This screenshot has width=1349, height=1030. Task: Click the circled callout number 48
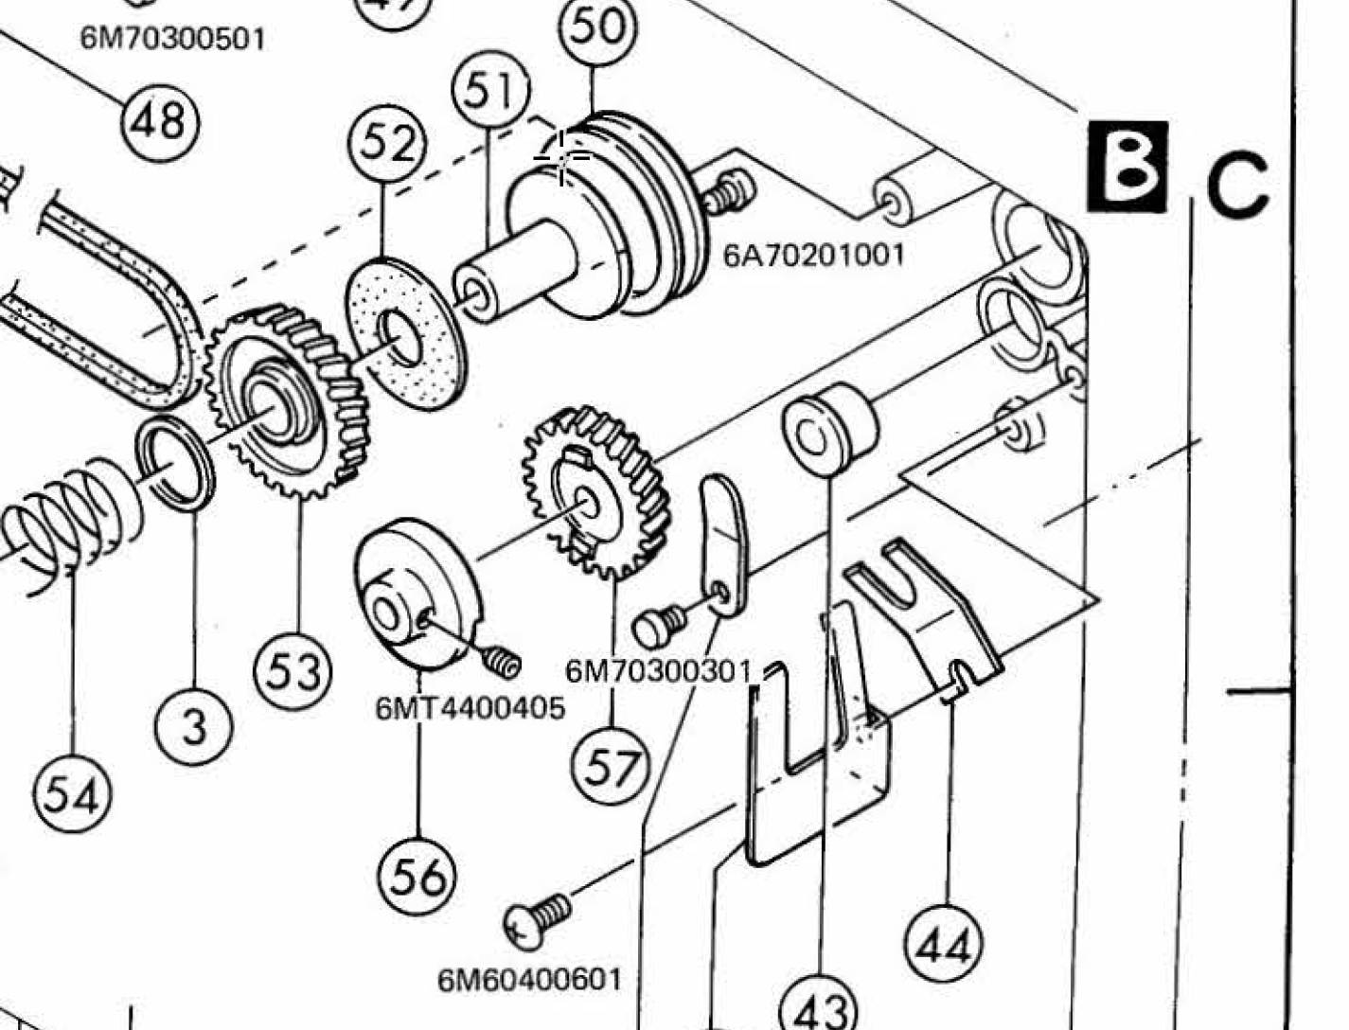[161, 122]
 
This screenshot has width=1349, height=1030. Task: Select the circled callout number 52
[386, 144]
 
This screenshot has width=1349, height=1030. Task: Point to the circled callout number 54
[73, 793]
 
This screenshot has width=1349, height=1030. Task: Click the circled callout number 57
[611, 766]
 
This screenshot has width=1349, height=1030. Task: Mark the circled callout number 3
[194, 727]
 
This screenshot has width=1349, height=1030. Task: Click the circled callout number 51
[490, 90]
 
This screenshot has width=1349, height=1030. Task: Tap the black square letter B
[1127, 167]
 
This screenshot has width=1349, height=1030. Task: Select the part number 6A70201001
[813, 255]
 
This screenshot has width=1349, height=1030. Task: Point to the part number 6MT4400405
[470, 709]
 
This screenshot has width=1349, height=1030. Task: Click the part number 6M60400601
[529, 980]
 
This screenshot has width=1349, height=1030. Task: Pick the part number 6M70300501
[172, 40]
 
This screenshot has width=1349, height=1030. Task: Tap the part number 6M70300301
[659, 672]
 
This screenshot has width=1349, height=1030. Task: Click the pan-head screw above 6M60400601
[536, 922]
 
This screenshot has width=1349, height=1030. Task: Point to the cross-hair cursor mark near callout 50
[561, 157]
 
